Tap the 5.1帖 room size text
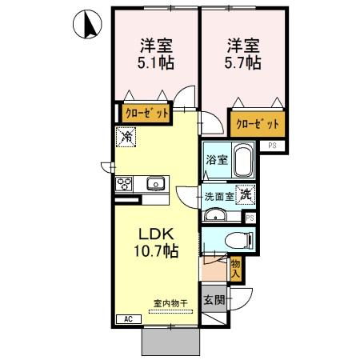tap(155, 61)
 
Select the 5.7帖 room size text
tap(242, 61)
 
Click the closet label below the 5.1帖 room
tap(146, 113)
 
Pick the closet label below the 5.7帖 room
tap(258, 124)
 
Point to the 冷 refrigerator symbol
tap(126, 137)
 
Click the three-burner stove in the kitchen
tap(126, 184)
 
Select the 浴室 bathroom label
tap(216, 159)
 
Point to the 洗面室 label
tap(218, 196)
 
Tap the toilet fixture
tap(237, 238)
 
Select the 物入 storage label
tap(235, 269)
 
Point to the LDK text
tap(156, 234)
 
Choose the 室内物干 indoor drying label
tap(170, 304)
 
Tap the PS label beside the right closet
tap(273, 146)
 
